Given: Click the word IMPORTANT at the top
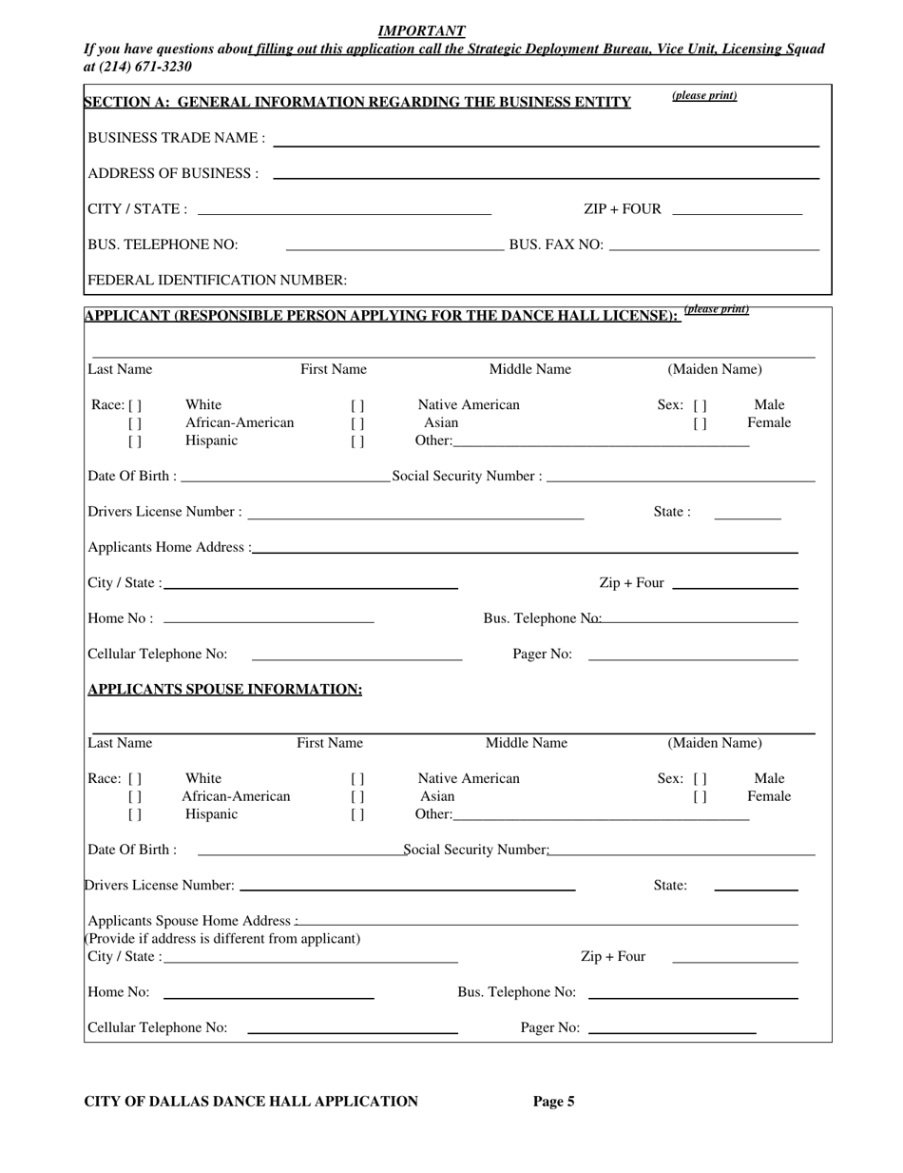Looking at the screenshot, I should [x=421, y=30].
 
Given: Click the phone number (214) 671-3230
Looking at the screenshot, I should [x=138, y=67].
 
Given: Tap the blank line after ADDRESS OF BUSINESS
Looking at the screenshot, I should [x=545, y=177].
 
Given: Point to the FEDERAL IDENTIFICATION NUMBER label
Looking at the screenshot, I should [x=217, y=280].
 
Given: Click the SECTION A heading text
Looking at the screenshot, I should [x=357, y=102].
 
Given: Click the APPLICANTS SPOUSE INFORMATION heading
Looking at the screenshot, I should [x=224, y=689].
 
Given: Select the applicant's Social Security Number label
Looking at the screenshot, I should [x=467, y=476].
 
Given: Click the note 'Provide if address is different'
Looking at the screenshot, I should [x=224, y=938].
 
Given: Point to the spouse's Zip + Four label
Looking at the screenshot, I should [x=613, y=956].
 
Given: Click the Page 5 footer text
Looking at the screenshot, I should [x=553, y=1102].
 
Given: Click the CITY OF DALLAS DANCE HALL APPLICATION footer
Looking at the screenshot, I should [x=251, y=1102].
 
